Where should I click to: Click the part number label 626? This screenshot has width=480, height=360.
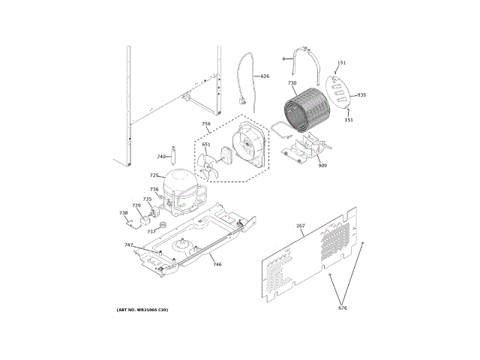tap(265, 76)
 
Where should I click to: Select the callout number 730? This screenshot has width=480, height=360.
tap(292, 83)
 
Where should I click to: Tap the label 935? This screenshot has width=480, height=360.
tap(361, 94)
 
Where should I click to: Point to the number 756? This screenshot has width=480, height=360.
tap(206, 124)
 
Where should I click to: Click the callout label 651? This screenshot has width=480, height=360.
tap(206, 144)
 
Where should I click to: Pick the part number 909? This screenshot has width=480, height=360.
tap(322, 165)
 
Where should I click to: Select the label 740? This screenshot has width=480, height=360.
tap(160, 157)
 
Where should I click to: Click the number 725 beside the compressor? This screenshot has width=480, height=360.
tap(154, 175)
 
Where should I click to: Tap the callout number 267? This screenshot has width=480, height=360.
tap(300, 226)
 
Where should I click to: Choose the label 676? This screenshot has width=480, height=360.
tap(343, 308)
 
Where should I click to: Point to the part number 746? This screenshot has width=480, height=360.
tap(217, 264)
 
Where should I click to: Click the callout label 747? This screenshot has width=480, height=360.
tap(129, 245)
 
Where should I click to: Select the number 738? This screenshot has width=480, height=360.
tap(124, 213)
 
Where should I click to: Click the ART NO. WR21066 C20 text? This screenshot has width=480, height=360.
tap(142, 310)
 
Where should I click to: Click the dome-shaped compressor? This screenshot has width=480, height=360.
tap(180, 186)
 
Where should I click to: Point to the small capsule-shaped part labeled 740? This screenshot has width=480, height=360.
tap(172, 155)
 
